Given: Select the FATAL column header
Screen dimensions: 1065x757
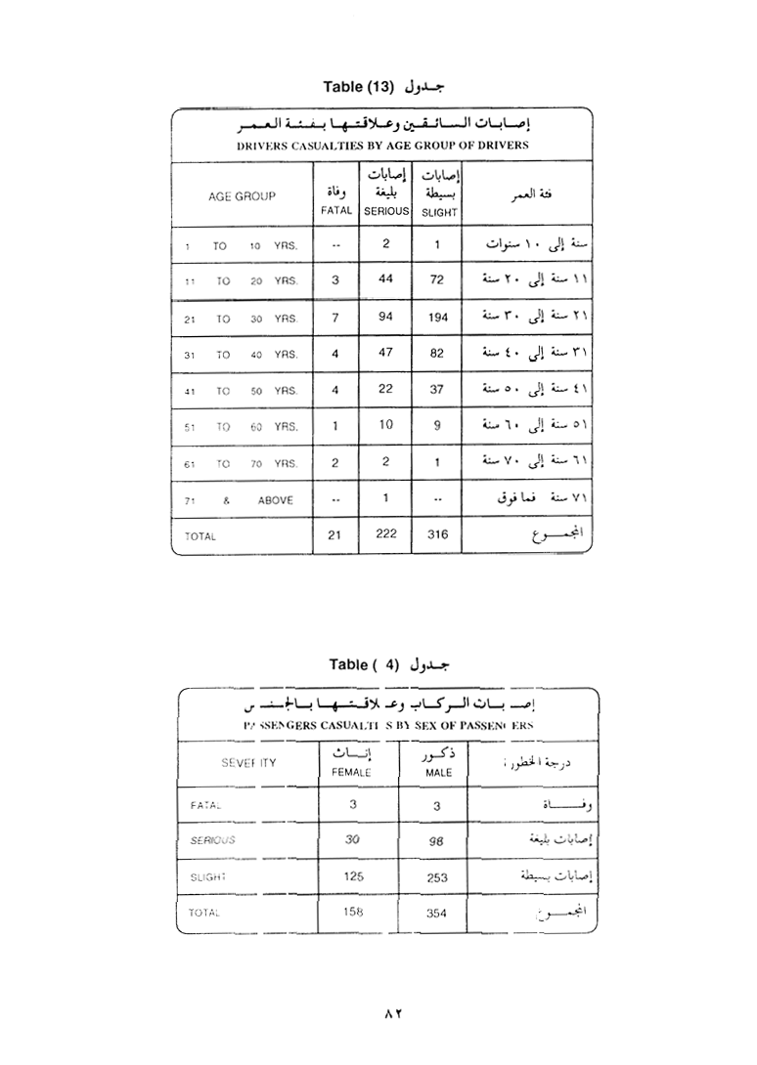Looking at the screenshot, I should coord(335,210).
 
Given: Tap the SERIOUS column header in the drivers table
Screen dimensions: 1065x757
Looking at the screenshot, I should coord(386,210).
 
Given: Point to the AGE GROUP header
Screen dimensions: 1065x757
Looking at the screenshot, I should coord(242,195).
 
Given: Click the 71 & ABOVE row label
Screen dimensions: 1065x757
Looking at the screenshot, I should coord(241,499).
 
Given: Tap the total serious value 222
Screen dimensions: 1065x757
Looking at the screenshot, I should coord(386,533).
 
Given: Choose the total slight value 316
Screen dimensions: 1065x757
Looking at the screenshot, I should coord(437,534).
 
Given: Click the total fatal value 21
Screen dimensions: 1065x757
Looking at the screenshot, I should coord(335,534).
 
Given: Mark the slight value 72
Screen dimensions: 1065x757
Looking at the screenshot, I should coord(437,280).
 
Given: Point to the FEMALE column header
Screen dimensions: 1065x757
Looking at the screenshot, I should coord(352,772).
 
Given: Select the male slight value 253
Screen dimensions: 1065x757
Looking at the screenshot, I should coord(437,877).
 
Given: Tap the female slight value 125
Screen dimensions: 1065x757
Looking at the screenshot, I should coord(353,876).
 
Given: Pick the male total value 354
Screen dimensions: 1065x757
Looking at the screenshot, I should coord(437,913).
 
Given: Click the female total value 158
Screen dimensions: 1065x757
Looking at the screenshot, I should coord(353,912).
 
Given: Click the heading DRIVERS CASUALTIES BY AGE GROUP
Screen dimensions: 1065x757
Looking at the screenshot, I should coord(382,146).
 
